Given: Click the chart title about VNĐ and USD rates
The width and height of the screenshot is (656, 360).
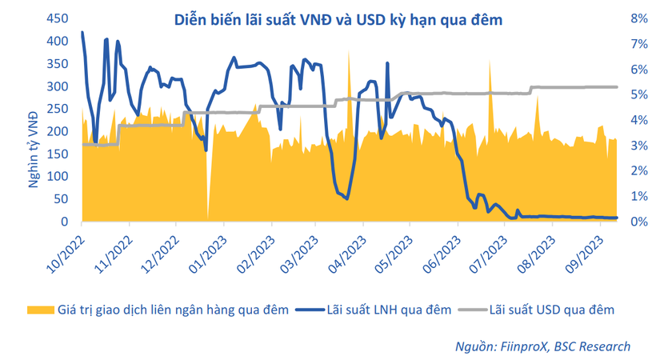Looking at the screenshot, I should (x=339, y=20).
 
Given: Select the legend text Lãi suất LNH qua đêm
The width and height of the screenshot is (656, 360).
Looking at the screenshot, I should (x=391, y=308).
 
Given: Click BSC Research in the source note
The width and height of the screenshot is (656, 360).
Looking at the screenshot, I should (x=596, y=346).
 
